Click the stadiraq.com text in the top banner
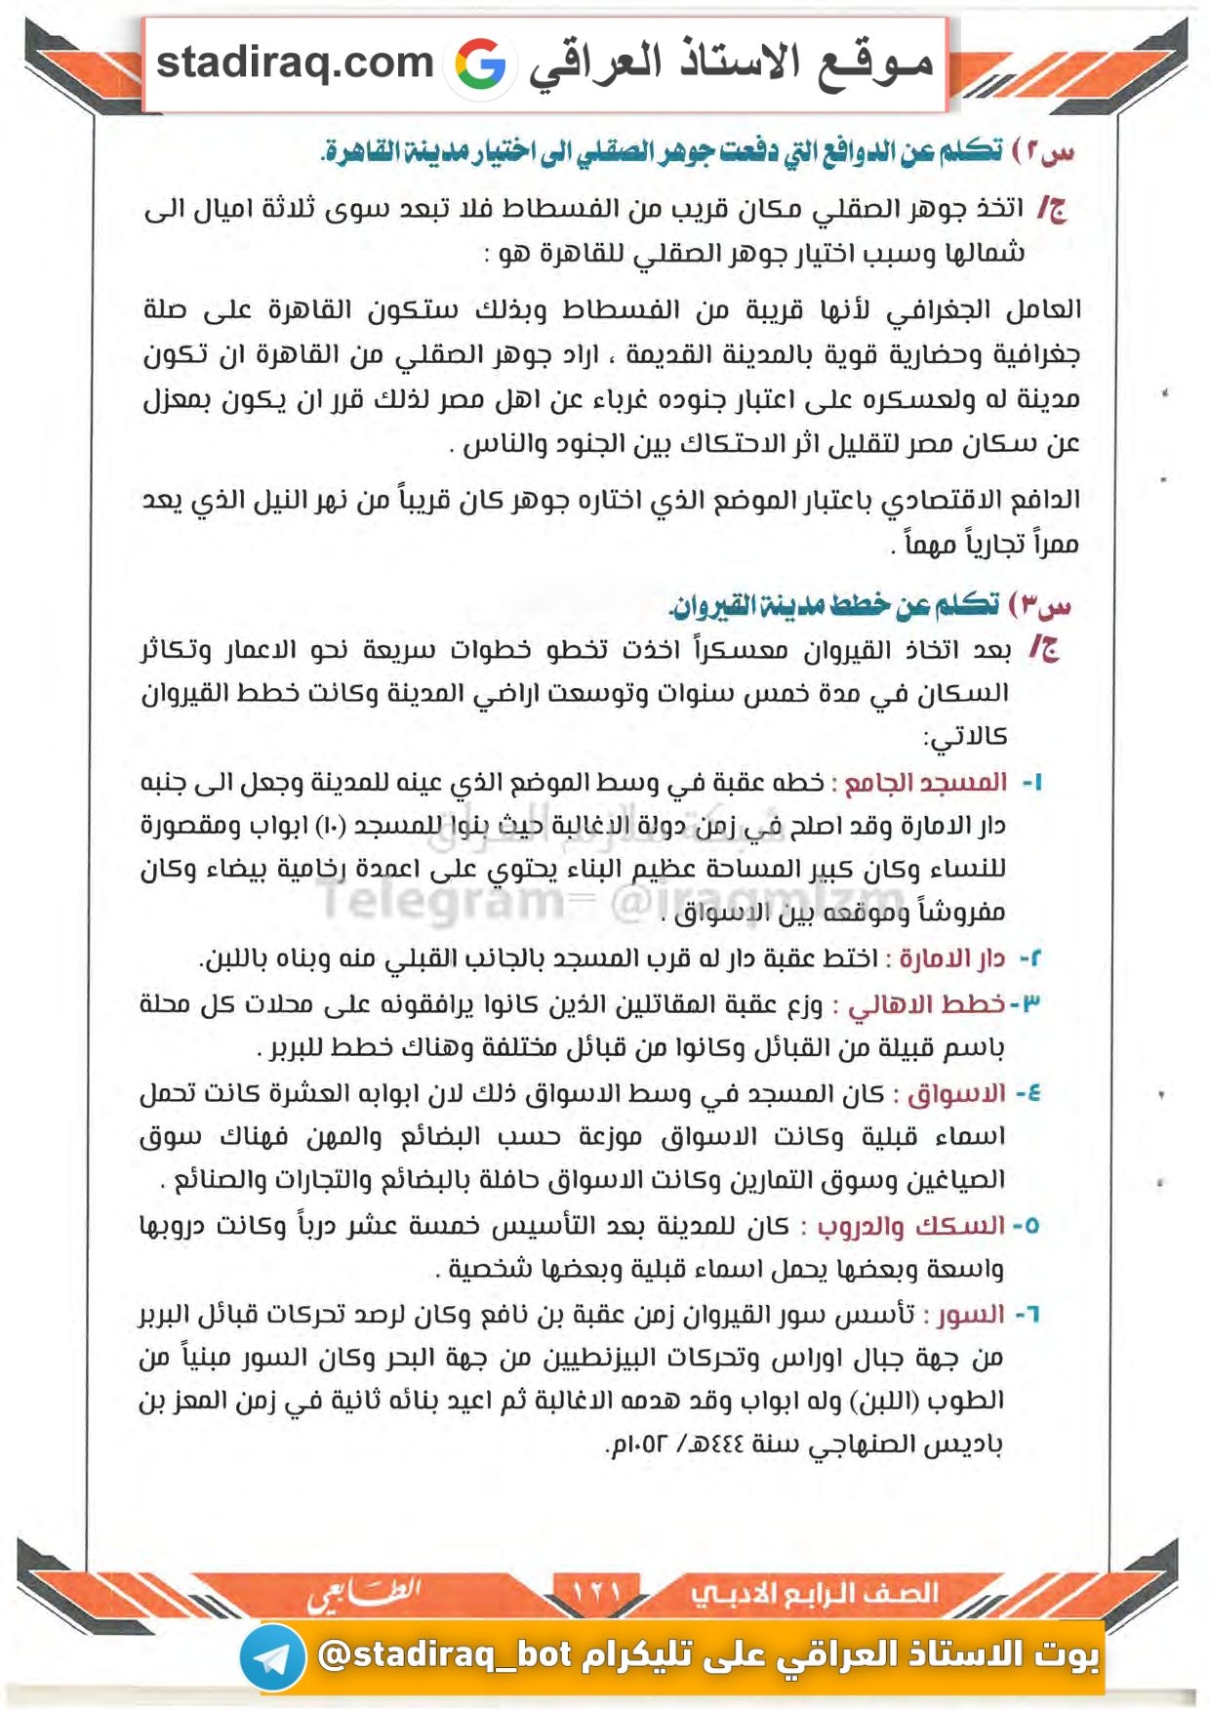click(x=295, y=63)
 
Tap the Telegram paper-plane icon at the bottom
click(x=272, y=1656)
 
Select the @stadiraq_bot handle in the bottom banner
click(x=445, y=1654)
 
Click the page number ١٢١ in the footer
click(x=596, y=1592)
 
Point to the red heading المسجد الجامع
click(x=925, y=783)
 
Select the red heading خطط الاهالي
click(x=927, y=1004)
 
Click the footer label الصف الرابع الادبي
click(x=815, y=1594)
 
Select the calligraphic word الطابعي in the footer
click(x=363, y=1594)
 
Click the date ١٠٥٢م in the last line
click(x=642, y=1445)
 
